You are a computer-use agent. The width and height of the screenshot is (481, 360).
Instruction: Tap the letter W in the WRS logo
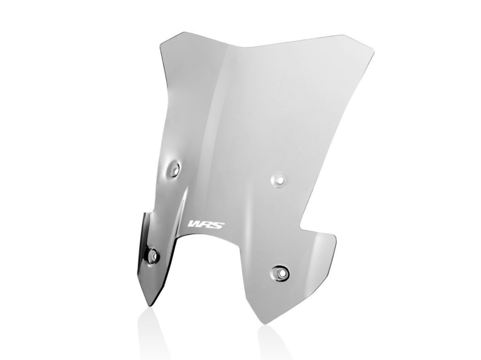click(194, 225)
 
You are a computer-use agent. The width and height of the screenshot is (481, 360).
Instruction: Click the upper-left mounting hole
click(174, 169)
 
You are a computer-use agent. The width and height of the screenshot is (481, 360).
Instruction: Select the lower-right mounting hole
click(282, 271)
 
